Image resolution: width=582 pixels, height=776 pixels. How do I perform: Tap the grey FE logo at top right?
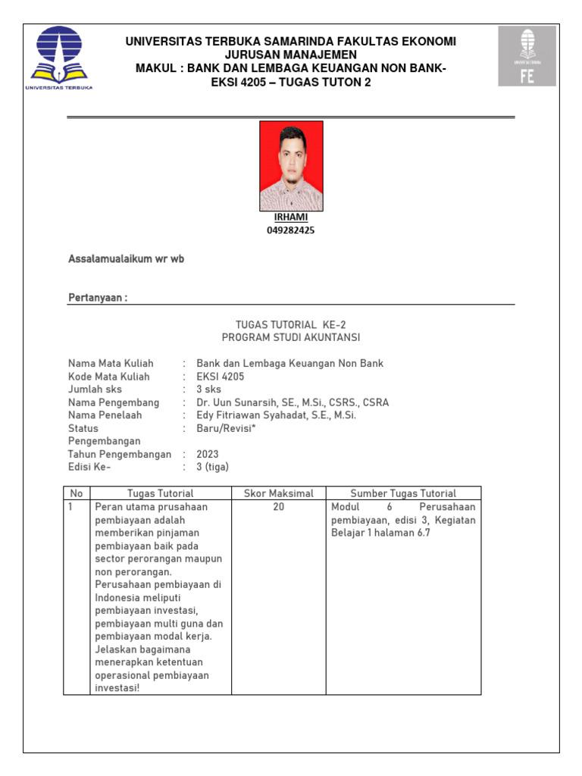pyautogui.click(x=527, y=56)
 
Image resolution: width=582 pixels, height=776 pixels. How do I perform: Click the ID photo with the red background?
pyautogui.click(x=291, y=166)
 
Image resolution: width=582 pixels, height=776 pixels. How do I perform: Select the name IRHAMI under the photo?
pyautogui.click(x=291, y=217)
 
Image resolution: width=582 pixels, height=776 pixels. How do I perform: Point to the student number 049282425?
pyautogui.click(x=291, y=230)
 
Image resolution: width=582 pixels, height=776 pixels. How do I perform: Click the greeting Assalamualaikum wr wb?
pyautogui.click(x=127, y=259)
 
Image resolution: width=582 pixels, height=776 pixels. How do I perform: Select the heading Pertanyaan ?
pyautogui.click(x=98, y=298)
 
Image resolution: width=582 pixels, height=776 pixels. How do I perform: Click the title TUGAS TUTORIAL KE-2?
pyautogui.click(x=291, y=324)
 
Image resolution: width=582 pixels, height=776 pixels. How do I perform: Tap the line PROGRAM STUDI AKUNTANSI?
pyautogui.click(x=291, y=337)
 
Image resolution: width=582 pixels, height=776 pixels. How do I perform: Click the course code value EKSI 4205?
pyautogui.click(x=221, y=377)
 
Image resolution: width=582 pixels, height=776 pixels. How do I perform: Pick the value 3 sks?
pyautogui.click(x=209, y=390)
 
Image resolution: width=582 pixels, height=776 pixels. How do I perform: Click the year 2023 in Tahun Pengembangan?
pyautogui.click(x=208, y=454)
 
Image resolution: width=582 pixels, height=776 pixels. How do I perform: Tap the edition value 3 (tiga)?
pyautogui.click(x=212, y=467)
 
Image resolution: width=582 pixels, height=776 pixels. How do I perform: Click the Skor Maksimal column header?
pyautogui.click(x=279, y=493)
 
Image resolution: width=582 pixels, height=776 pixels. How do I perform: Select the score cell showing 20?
pyautogui.click(x=279, y=506)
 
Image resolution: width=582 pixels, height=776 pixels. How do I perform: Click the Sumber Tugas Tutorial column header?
pyautogui.click(x=403, y=493)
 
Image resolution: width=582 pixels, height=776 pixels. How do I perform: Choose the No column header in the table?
pyautogui.click(x=77, y=493)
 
